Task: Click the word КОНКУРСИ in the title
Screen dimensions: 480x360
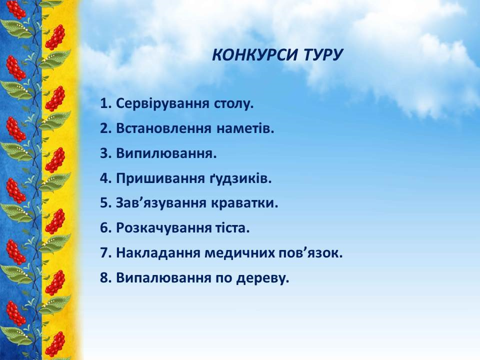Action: pos(254,55)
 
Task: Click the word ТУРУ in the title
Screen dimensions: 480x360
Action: pos(323,55)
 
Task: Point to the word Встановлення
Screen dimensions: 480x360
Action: pos(163,128)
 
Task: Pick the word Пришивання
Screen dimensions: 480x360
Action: pos(160,179)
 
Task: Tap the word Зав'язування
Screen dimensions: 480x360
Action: pos(161,203)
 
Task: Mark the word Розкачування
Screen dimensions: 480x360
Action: pos(164,228)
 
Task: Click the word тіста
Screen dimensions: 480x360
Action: pos(231,228)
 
